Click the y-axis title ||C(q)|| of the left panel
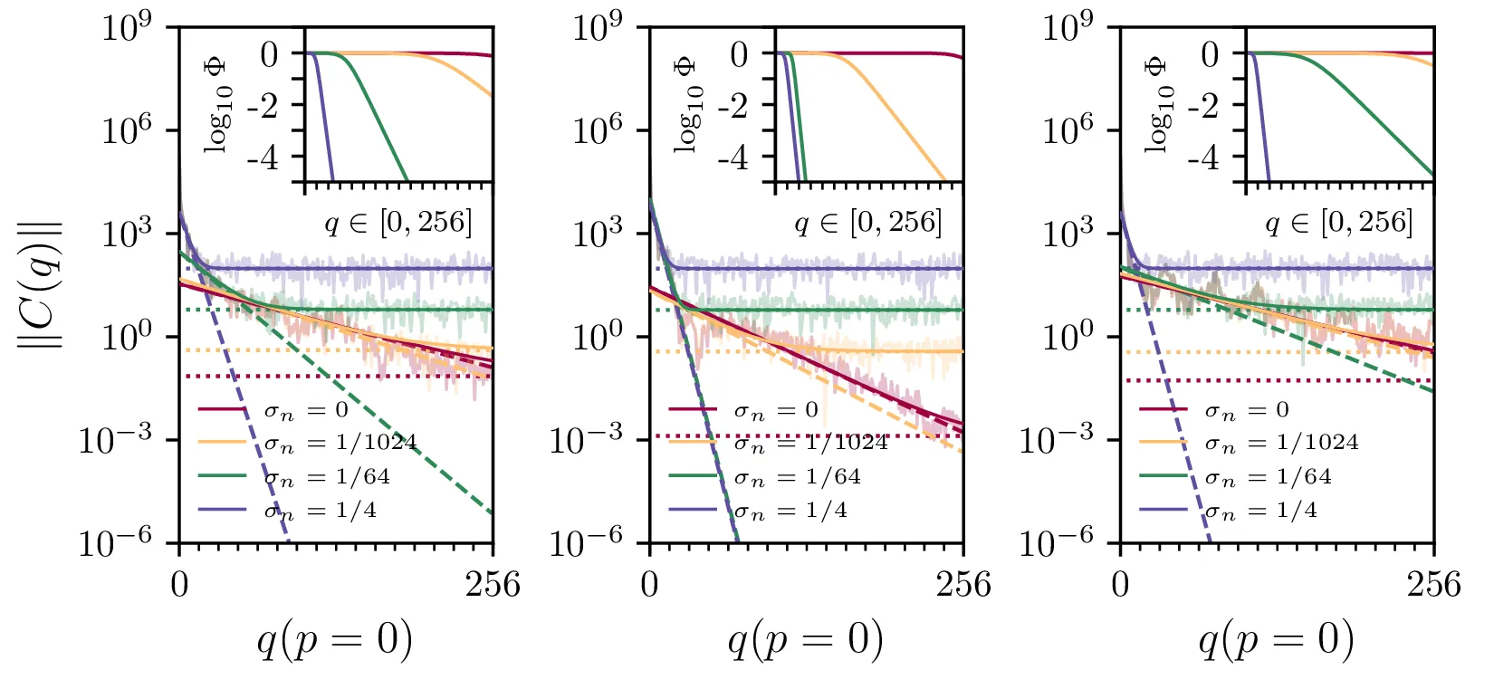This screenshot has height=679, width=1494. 40,283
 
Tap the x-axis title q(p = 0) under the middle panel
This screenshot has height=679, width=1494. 805,640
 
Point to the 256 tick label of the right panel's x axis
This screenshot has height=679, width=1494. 1433,585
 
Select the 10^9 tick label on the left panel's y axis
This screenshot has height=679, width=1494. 126,29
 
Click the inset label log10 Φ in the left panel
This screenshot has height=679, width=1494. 216,105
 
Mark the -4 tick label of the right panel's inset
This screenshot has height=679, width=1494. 1203,158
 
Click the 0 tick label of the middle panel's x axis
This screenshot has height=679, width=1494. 649,585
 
